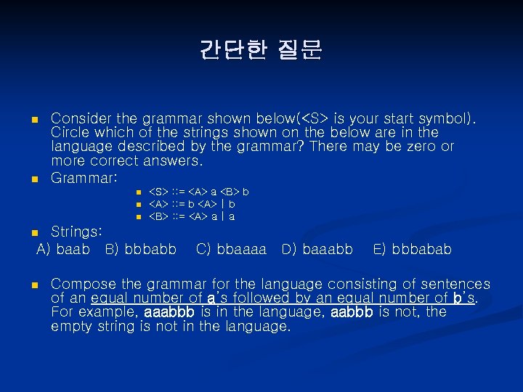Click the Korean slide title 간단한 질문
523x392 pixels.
[x=261, y=50]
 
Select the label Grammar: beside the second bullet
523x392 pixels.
[x=84, y=177]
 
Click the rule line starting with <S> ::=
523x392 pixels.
[x=198, y=192]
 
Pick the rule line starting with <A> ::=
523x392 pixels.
[x=192, y=204]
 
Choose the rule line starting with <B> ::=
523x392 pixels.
[x=192, y=216]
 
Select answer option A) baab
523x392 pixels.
[x=63, y=250]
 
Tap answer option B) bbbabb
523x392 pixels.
[x=140, y=250]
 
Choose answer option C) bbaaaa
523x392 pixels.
[x=231, y=250]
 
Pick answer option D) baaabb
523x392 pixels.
[x=317, y=250]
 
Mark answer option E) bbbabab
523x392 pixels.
[x=412, y=250]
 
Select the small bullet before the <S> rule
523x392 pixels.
[x=137, y=192]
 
